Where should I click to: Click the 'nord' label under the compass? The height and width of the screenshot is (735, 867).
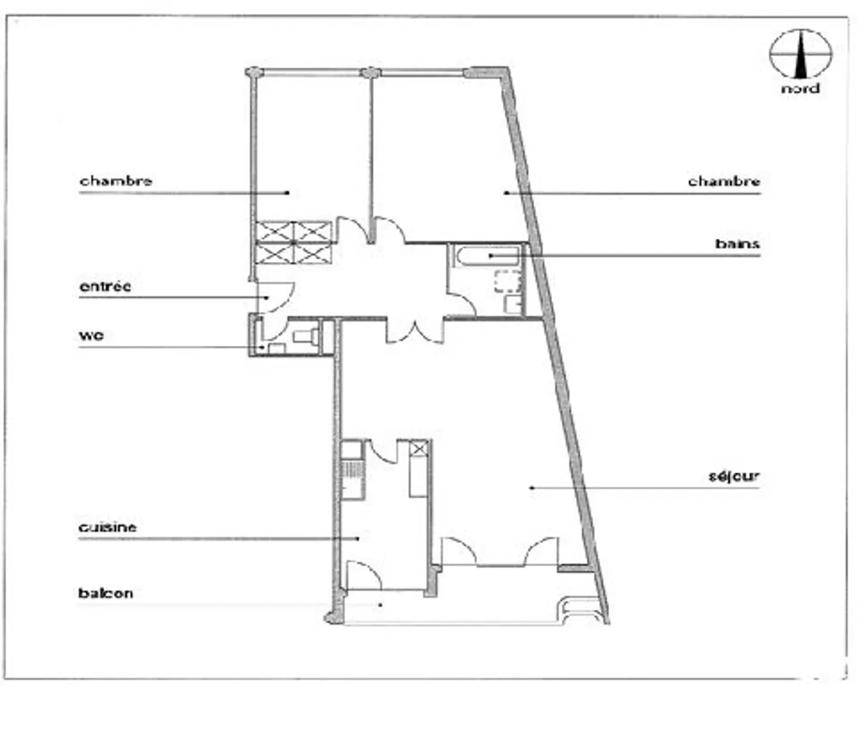point(800,88)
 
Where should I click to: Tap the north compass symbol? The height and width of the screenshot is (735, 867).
point(800,54)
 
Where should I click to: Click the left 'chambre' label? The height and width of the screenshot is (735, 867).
point(116,181)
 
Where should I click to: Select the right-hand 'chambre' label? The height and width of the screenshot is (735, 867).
point(724,181)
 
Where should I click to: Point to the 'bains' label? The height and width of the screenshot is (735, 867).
point(737,244)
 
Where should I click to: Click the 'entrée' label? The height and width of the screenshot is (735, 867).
point(105,286)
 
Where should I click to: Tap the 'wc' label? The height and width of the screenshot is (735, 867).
point(91,335)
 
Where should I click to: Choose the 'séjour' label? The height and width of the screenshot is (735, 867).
point(733,476)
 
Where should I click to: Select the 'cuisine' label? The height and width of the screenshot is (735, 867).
point(107,527)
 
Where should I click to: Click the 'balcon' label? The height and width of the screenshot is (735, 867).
point(105,593)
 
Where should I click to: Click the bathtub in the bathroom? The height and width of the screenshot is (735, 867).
point(487,255)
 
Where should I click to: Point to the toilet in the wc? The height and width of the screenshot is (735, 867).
point(305,336)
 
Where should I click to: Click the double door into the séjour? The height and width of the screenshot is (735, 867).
point(415,331)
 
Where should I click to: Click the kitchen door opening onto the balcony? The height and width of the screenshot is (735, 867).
point(364,575)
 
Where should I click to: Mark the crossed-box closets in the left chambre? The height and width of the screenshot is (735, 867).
point(294,242)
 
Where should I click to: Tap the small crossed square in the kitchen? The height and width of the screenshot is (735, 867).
point(419,448)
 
